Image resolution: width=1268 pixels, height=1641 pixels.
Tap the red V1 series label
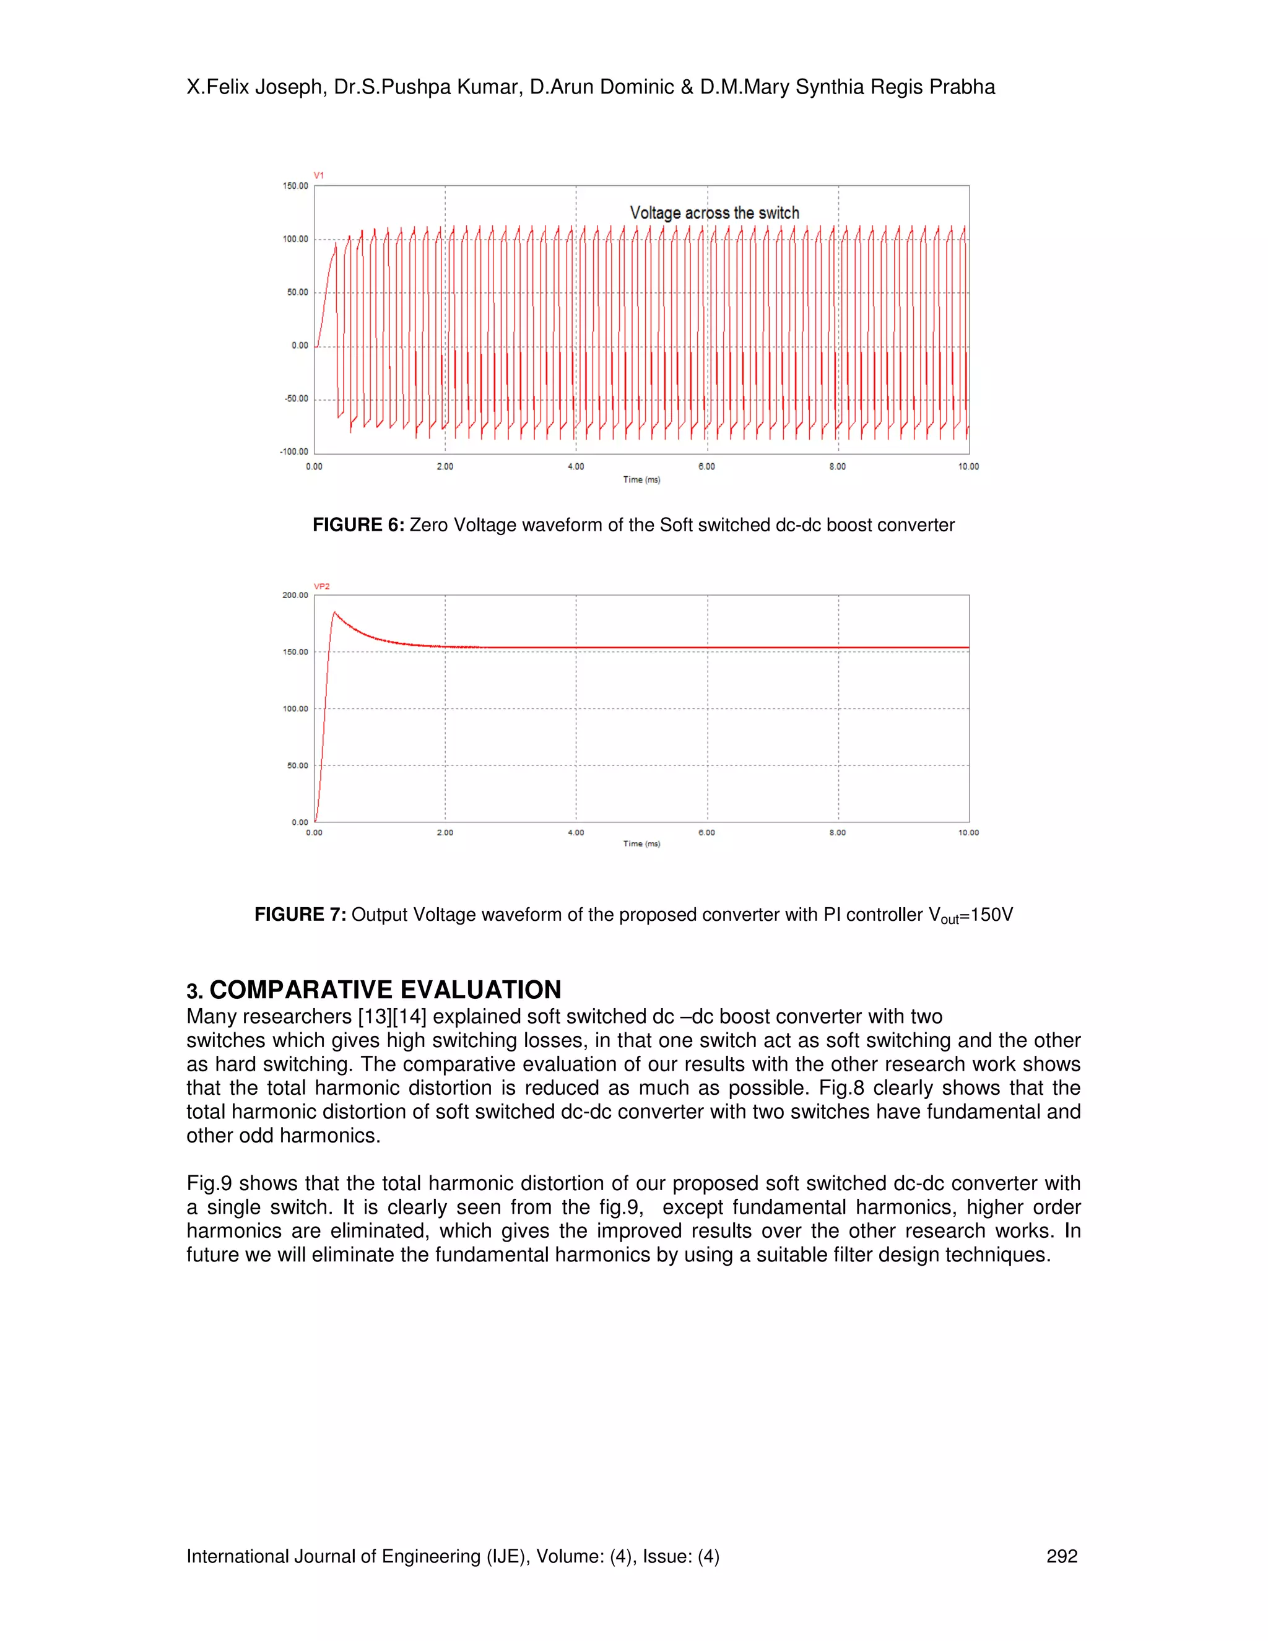click(318, 175)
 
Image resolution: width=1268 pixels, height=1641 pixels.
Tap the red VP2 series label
click(321, 586)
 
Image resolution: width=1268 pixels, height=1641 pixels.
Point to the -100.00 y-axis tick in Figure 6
click(293, 451)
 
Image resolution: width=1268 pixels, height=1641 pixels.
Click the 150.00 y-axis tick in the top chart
click(295, 186)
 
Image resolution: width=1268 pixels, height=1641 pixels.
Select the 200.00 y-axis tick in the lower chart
click(295, 595)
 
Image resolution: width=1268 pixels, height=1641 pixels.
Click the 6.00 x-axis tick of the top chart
click(706, 467)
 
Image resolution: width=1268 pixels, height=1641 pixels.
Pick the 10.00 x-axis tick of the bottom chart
click(968, 832)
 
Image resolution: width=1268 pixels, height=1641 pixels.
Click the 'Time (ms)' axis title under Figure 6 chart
click(641, 479)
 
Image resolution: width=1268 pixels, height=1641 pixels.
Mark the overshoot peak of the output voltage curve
click(334, 612)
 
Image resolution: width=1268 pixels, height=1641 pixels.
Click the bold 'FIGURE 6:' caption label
click(358, 525)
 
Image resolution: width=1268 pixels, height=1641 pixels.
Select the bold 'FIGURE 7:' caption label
click(300, 915)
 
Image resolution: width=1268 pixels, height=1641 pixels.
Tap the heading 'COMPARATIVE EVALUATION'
click(384, 990)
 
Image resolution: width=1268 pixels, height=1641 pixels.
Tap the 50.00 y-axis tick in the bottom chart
click(297, 765)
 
